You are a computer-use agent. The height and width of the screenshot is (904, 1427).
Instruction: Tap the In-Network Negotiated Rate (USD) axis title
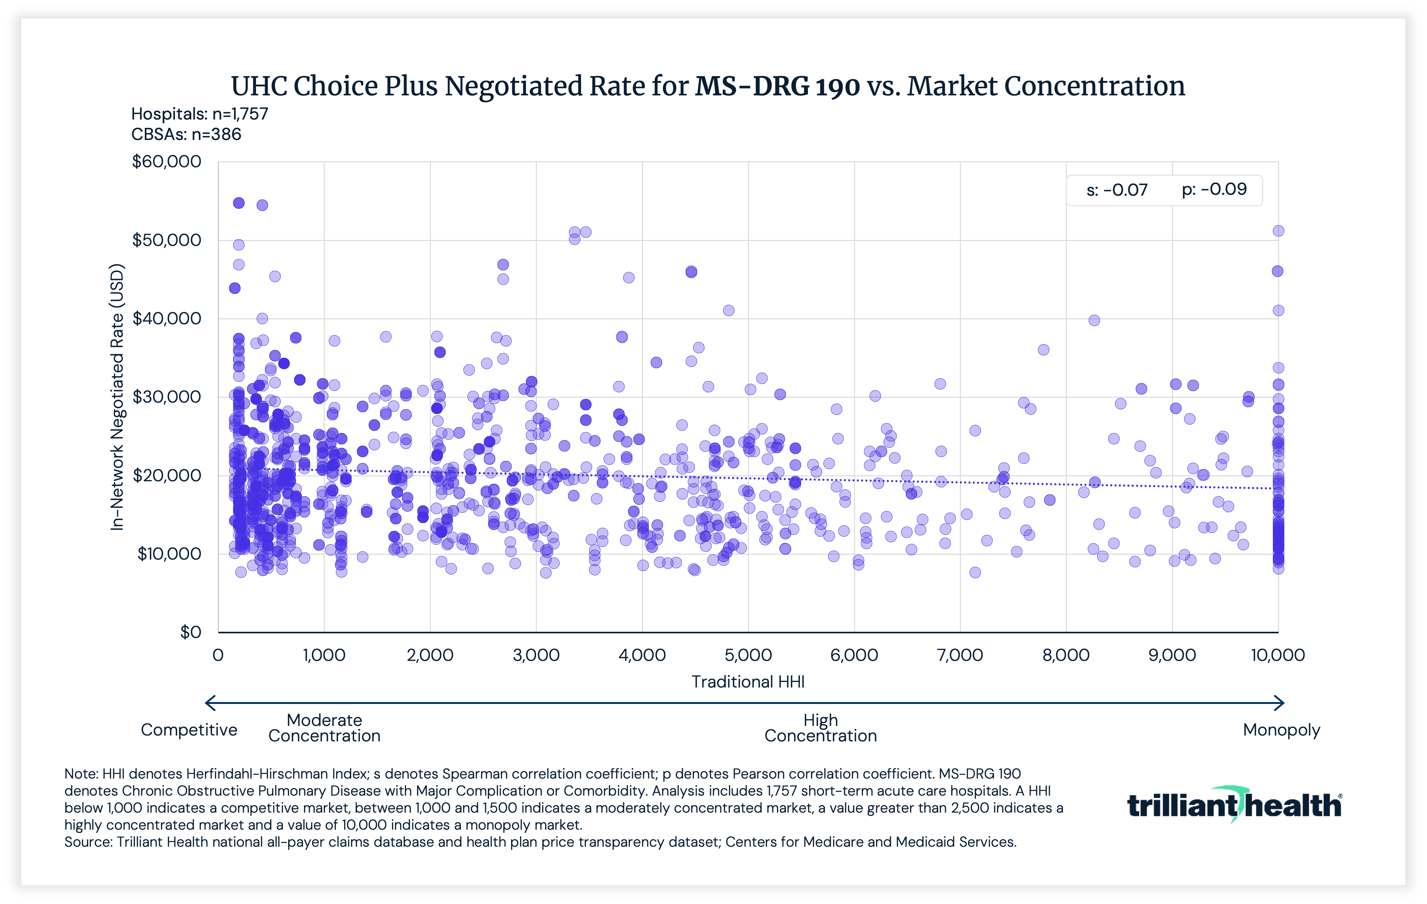117,397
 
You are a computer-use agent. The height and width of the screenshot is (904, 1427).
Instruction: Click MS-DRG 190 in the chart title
777,86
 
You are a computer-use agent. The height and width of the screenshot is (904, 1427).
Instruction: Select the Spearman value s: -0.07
1117,190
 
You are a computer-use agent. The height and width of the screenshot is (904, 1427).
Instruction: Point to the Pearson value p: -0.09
1214,190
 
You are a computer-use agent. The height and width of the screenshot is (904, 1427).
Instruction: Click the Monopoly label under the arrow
1281,730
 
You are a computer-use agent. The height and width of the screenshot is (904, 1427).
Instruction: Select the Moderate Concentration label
324,728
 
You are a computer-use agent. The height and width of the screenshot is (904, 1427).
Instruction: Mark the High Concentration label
820,728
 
